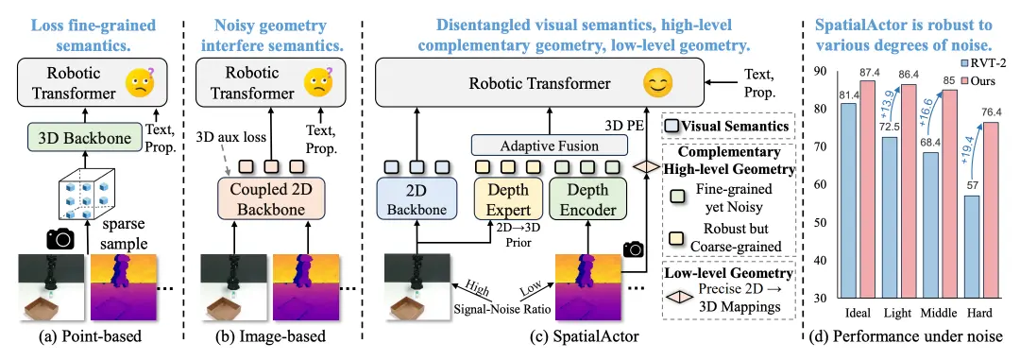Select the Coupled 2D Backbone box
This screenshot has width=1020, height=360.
pyautogui.click(x=269, y=200)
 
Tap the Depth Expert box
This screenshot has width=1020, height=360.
pyautogui.click(x=510, y=200)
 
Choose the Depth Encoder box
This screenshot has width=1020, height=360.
pyautogui.click(x=587, y=200)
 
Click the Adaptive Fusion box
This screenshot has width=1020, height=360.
pyautogui.click(x=550, y=144)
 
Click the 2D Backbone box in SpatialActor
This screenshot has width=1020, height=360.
pyautogui.click(x=416, y=200)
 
